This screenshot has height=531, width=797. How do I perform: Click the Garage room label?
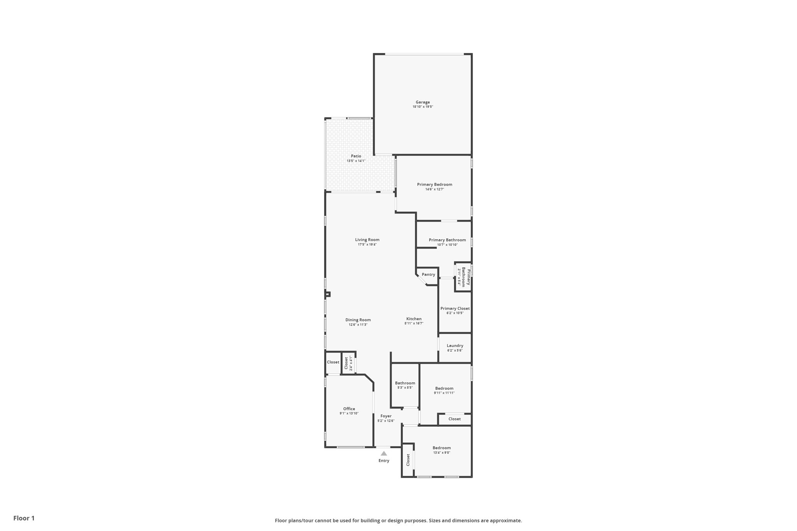pos(423,102)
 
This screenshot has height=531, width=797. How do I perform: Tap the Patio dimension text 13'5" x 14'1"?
pos(356,161)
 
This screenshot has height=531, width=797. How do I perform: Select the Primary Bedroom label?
pos(435,184)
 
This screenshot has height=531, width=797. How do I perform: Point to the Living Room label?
pos(367,240)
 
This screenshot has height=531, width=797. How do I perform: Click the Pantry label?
pos(428,274)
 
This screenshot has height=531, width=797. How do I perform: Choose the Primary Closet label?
pos(455,308)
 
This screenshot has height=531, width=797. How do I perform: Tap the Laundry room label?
pos(455,345)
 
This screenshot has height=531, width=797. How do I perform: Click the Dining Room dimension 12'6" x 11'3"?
pos(358,325)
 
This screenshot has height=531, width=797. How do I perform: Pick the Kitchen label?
pos(414,319)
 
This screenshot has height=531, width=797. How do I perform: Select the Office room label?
pos(349,409)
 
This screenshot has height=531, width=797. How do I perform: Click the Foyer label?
pos(386,416)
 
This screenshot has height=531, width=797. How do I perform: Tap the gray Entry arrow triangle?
pos(384,454)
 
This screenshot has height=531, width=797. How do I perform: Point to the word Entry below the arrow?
pos(384,461)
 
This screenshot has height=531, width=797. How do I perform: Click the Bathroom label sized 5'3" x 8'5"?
pos(405,383)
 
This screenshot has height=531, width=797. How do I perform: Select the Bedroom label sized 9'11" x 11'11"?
pos(444,388)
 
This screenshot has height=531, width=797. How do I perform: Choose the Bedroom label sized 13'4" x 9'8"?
pos(442,448)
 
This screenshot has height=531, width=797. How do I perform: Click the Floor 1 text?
pos(24,518)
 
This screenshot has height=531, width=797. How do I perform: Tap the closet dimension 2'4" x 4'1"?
pos(351,363)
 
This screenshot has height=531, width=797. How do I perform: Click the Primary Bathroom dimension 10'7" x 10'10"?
pos(447,245)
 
